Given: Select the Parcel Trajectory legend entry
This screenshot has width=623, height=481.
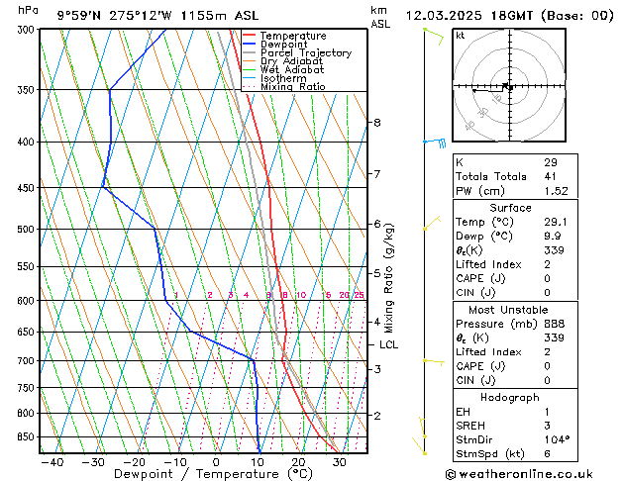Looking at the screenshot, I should click(x=305, y=52).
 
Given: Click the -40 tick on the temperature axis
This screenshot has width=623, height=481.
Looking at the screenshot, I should click(x=52, y=462).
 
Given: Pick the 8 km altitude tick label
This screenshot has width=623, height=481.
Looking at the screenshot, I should click(x=376, y=123).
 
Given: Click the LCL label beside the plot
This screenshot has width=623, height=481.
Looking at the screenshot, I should click(x=389, y=345).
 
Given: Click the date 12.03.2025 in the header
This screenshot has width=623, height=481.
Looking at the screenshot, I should click(x=443, y=16).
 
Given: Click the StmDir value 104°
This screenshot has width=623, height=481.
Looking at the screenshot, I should click(x=557, y=439).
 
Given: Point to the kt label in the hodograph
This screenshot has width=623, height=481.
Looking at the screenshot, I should click(x=461, y=36).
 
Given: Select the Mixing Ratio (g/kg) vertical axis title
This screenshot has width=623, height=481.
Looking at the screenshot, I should click(x=389, y=278).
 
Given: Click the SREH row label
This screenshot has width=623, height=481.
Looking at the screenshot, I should click(x=471, y=426).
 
